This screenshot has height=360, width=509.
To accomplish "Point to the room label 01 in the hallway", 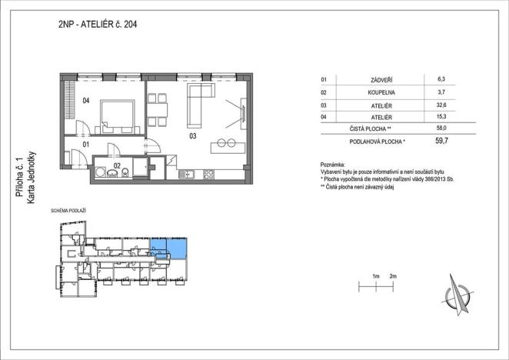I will pos(87,144).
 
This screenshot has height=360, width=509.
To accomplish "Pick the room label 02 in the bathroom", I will pos(118,165).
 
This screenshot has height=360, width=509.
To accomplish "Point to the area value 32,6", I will pos(441,105).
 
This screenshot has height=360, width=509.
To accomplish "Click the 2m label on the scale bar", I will pos(393,275).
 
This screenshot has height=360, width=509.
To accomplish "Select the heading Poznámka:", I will pos(334,165).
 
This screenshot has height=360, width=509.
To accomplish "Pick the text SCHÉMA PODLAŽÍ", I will pos(68,210).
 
